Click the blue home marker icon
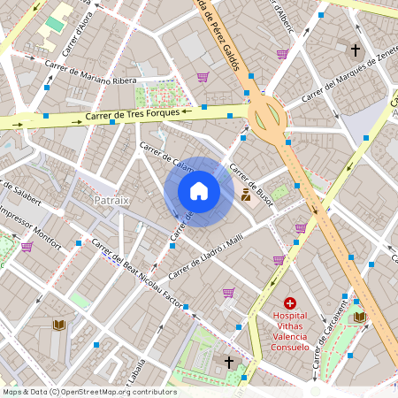tap(199, 191)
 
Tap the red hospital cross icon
tap(290, 302)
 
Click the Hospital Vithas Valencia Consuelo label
tap(290, 325)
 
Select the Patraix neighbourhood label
tap(111, 200)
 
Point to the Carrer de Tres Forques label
tap(133, 115)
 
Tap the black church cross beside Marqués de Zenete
tap(356, 50)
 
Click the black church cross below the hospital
tap(229, 362)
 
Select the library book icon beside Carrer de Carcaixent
tap(359, 316)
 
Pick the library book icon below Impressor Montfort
tap(58, 325)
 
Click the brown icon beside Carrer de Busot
tap(245, 196)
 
